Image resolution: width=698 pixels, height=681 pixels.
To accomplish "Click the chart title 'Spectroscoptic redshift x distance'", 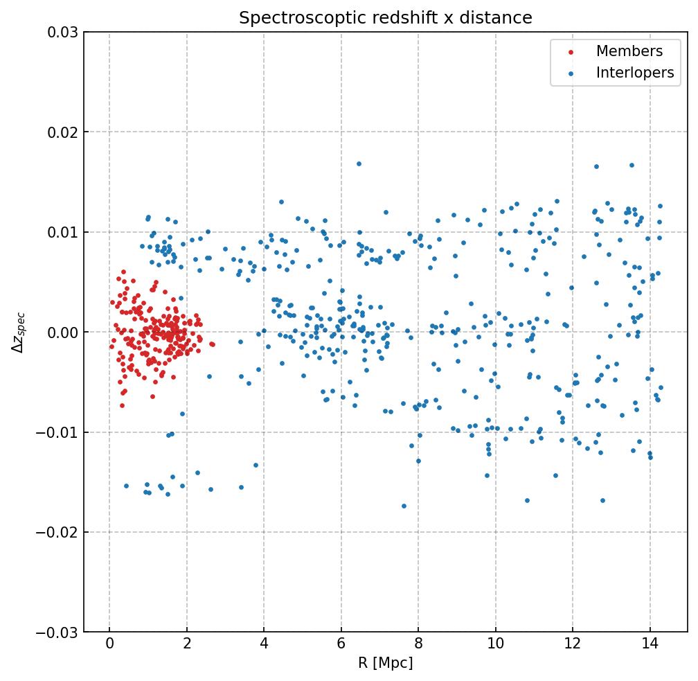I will [386, 18].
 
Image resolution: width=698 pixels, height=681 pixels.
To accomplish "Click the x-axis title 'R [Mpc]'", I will [386, 663].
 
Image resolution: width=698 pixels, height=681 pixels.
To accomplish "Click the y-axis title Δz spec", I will [19, 333].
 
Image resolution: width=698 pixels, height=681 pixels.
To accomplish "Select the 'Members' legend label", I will [629, 51].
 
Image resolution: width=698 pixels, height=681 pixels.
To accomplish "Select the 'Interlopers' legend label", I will [635, 73].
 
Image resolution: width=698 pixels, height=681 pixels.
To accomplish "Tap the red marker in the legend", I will [571, 52].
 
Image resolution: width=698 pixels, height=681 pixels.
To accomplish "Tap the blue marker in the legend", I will [571, 73].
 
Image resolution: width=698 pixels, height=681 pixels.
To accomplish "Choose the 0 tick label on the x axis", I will [109, 645].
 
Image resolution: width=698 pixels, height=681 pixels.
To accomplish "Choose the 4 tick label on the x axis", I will [264, 645].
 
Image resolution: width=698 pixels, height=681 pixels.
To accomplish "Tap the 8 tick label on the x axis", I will [418, 645].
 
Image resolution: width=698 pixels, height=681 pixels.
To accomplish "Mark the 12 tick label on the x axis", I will [573, 645].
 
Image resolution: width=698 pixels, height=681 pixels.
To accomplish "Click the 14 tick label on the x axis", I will [650, 645].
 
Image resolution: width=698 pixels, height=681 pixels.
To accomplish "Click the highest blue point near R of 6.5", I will [359, 163].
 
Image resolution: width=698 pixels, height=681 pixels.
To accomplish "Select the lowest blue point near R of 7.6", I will [404, 506].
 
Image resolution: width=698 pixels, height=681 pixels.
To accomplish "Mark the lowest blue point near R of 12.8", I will [602, 500].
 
